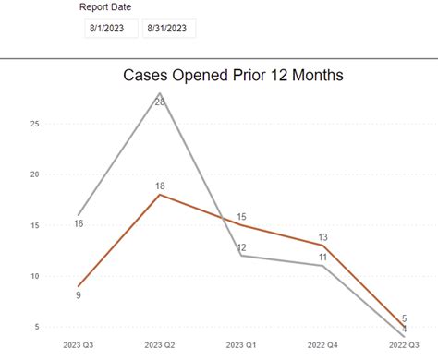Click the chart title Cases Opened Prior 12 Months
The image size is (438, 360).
pyautogui.click(x=233, y=76)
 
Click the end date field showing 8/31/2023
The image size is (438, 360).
pyautogui.click(x=169, y=29)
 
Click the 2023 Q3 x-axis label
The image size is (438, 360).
pyautogui.click(x=79, y=345)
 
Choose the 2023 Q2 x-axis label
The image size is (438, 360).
pyautogui.click(x=160, y=345)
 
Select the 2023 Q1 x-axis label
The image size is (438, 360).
pyautogui.click(x=241, y=345)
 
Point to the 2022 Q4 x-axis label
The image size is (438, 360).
pyautogui.click(x=322, y=345)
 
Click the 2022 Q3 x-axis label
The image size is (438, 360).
pyautogui.click(x=404, y=345)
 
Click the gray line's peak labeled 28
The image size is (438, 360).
pyautogui.click(x=160, y=102)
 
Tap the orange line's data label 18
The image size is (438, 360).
pyautogui.click(x=160, y=186)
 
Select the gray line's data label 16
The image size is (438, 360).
pyautogui.click(x=79, y=223)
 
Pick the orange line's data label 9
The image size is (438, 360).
pyautogui.click(x=79, y=295)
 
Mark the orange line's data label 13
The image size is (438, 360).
pyautogui.click(x=322, y=237)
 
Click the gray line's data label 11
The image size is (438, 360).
pyautogui.click(x=322, y=258)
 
